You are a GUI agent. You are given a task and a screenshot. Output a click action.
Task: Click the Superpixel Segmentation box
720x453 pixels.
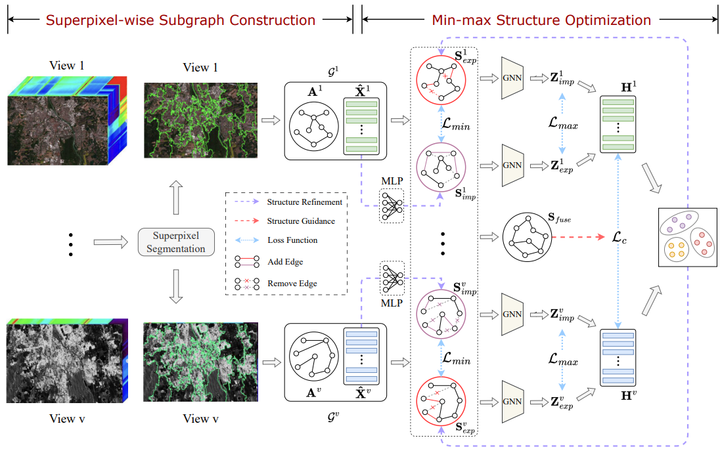175,242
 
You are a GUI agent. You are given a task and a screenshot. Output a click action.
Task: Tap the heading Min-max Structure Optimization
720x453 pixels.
541,20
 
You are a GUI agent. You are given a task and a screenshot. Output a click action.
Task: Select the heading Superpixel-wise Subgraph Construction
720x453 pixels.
180,20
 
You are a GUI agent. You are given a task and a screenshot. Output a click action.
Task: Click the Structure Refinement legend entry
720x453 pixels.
304,202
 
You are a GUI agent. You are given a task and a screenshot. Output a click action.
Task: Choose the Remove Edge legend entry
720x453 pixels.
292,284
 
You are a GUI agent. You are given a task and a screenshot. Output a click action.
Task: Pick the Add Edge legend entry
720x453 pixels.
284,261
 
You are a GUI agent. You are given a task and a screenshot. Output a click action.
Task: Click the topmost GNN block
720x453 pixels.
515,78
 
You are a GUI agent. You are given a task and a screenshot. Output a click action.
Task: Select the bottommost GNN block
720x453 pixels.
515,402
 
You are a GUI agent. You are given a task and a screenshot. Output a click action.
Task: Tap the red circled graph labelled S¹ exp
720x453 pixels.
441,79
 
